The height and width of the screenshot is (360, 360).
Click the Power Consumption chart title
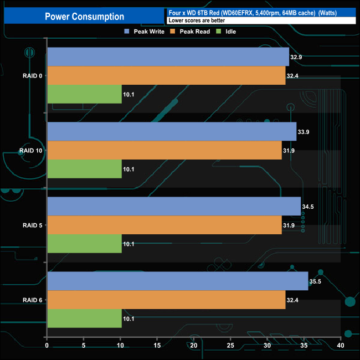[84, 17]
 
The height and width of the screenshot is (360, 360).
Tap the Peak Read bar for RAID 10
[164, 150]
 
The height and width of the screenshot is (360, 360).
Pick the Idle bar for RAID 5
[84, 244]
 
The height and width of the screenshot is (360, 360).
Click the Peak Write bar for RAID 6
[177, 281]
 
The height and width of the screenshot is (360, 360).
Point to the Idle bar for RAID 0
[84, 94]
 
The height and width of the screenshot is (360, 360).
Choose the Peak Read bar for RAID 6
[166, 300]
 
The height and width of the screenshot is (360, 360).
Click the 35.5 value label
[316, 281]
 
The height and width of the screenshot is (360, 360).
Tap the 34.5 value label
[308, 207]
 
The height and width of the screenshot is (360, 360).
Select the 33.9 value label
[304, 131]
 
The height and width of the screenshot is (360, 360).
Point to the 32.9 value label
[297, 56]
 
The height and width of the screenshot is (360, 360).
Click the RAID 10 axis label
[31, 150]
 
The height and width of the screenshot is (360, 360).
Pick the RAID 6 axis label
[33, 300]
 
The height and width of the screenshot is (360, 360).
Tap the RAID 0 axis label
[33, 75]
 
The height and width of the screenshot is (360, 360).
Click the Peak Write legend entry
[145, 32]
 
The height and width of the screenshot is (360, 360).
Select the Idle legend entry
[227, 32]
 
